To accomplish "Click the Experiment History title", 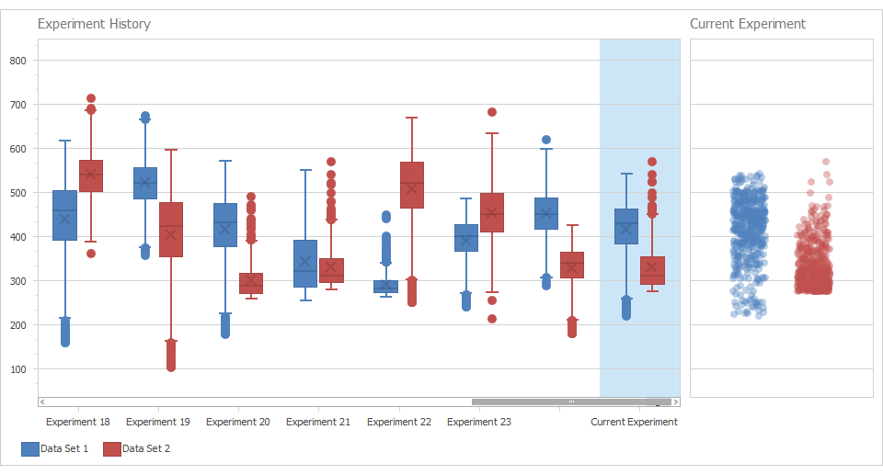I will click(94, 24).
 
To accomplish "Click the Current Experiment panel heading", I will click(747, 24).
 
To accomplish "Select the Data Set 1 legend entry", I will click(55, 448).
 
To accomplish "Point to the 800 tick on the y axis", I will click(17, 61).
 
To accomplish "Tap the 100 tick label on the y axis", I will click(17, 369).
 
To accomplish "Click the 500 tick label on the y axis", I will click(17, 193).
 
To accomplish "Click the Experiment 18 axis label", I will click(77, 422).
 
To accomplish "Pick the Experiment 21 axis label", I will click(318, 422).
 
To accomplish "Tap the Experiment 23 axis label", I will click(478, 422).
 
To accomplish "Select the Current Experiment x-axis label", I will click(634, 422).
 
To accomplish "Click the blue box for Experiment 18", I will click(64, 216).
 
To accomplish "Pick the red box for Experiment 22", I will click(412, 185).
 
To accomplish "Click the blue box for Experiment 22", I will click(385, 287).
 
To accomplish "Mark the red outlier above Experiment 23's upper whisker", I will click(492, 112).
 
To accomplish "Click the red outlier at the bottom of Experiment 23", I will click(492, 319).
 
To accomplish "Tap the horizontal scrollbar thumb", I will click(570, 401).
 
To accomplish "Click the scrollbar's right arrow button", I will click(676, 401).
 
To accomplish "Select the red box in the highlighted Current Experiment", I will click(652, 270).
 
